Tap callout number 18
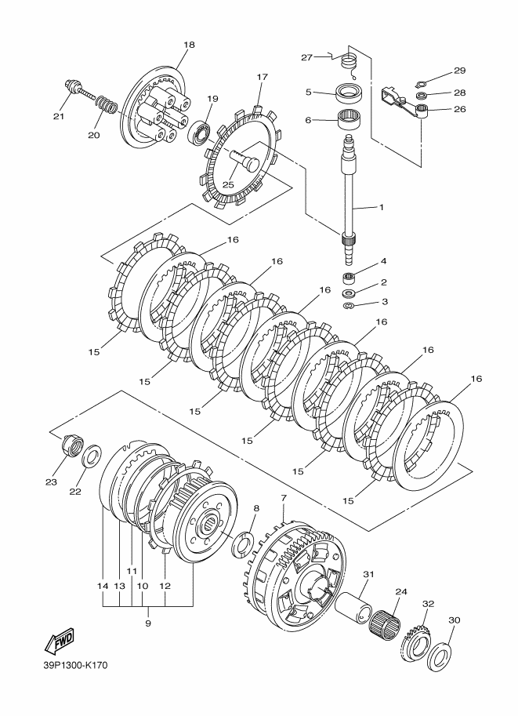tap(189, 45)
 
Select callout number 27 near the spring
tap(306, 56)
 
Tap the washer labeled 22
tap(92, 454)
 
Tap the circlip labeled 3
tap(350, 303)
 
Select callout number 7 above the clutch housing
tap(284, 497)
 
